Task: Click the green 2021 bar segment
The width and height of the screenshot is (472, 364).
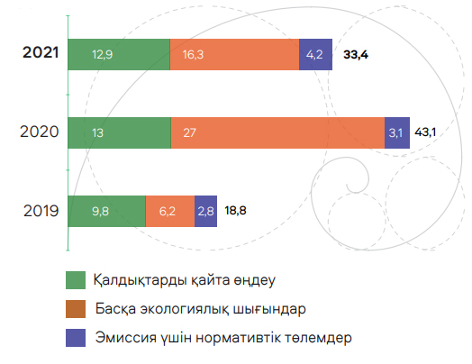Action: tap(119, 54)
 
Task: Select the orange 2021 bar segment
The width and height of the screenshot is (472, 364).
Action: tap(235, 54)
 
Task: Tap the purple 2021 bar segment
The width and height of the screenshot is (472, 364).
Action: tap(316, 54)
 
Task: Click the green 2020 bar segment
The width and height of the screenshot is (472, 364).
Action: tap(120, 132)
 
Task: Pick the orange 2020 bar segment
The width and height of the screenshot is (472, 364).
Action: tap(277, 132)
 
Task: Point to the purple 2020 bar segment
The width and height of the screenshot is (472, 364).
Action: tap(397, 132)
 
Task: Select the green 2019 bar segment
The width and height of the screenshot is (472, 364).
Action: tap(107, 211)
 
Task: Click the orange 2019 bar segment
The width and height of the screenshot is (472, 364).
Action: tap(170, 211)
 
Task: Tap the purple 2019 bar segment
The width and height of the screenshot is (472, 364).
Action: tap(206, 211)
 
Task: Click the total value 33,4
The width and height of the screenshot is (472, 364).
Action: tap(356, 55)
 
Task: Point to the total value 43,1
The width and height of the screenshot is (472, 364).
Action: tap(425, 132)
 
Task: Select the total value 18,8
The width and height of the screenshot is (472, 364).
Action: tap(235, 211)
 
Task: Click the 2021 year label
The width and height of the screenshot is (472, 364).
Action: tap(41, 52)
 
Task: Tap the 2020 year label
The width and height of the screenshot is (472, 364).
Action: tap(40, 132)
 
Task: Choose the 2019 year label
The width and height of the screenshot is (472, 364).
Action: tap(41, 211)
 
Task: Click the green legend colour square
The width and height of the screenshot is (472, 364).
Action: tap(76, 280)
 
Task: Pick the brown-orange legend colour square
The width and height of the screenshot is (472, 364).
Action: tap(76, 309)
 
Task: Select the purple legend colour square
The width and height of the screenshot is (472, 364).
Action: tap(76, 338)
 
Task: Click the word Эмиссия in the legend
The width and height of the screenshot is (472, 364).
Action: tap(126, 338)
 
